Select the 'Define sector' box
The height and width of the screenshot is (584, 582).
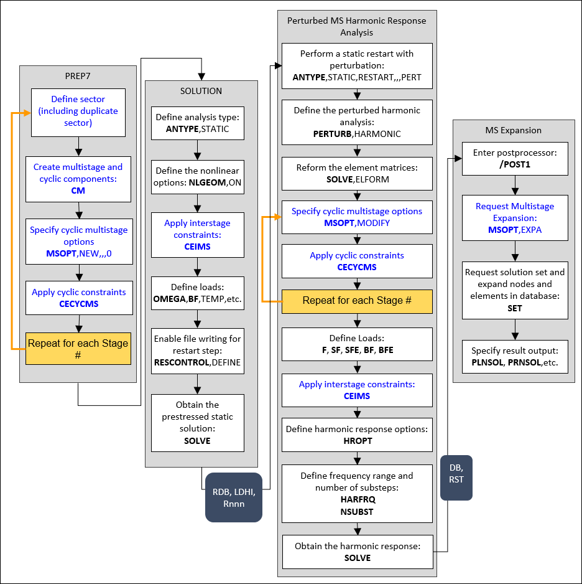(x=78, y=111)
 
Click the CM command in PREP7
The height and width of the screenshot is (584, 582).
(x=78, y=191)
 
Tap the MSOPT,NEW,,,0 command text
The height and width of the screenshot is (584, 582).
(x=78, y=253)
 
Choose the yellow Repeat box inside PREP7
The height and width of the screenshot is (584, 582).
(x=78, y=349)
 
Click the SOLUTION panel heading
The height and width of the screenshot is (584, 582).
(x=201, y=91)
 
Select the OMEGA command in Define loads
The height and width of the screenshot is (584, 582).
(x=169, y=299)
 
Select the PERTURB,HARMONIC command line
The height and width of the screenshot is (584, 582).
(x=357, y=134)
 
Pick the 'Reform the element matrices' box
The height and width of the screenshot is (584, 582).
(x=357, y=174)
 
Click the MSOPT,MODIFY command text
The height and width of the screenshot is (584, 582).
(x=357, y=223)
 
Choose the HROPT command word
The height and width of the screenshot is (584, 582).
(x=357, y=441)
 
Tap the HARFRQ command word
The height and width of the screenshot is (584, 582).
(x=357, y=499)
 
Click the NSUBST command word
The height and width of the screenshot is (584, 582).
(x=357, y=511)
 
